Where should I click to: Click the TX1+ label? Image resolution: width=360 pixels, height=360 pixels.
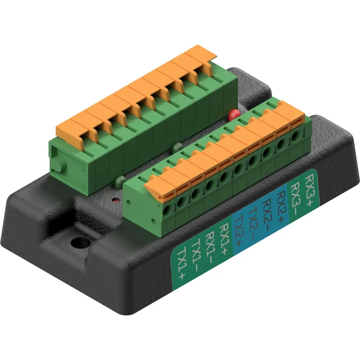click(181, 262)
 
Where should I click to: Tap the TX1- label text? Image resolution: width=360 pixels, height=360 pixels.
click(195, 255)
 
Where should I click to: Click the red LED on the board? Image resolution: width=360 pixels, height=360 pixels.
click(233, 113)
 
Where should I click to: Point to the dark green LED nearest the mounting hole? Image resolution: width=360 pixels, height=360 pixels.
click(119, 180)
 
